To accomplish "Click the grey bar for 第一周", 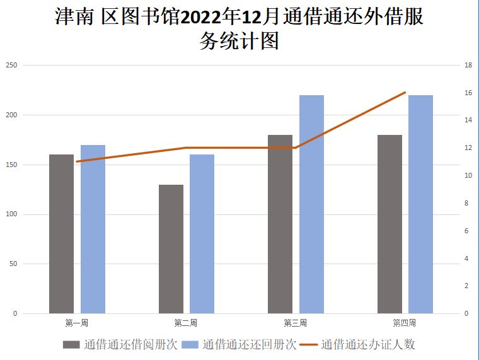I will (x=61, y=233).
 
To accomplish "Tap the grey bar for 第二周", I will (x=171, y=248).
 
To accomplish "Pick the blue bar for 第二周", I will (x=202, y=233).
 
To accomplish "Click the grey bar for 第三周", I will (x=280, y=224).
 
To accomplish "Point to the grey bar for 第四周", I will (x=390, y=224).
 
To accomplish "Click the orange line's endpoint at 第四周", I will (x=405, y=93).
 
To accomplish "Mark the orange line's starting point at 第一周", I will (x=77, y=161).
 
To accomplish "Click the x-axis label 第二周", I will (x=186, y=323).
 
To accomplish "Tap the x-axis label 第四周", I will (x=405, y=323).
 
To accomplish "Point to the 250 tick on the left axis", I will (x=12, y=65).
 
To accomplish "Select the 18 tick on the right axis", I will (x=468, y=65).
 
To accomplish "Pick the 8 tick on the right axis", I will (x=467, y=203).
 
